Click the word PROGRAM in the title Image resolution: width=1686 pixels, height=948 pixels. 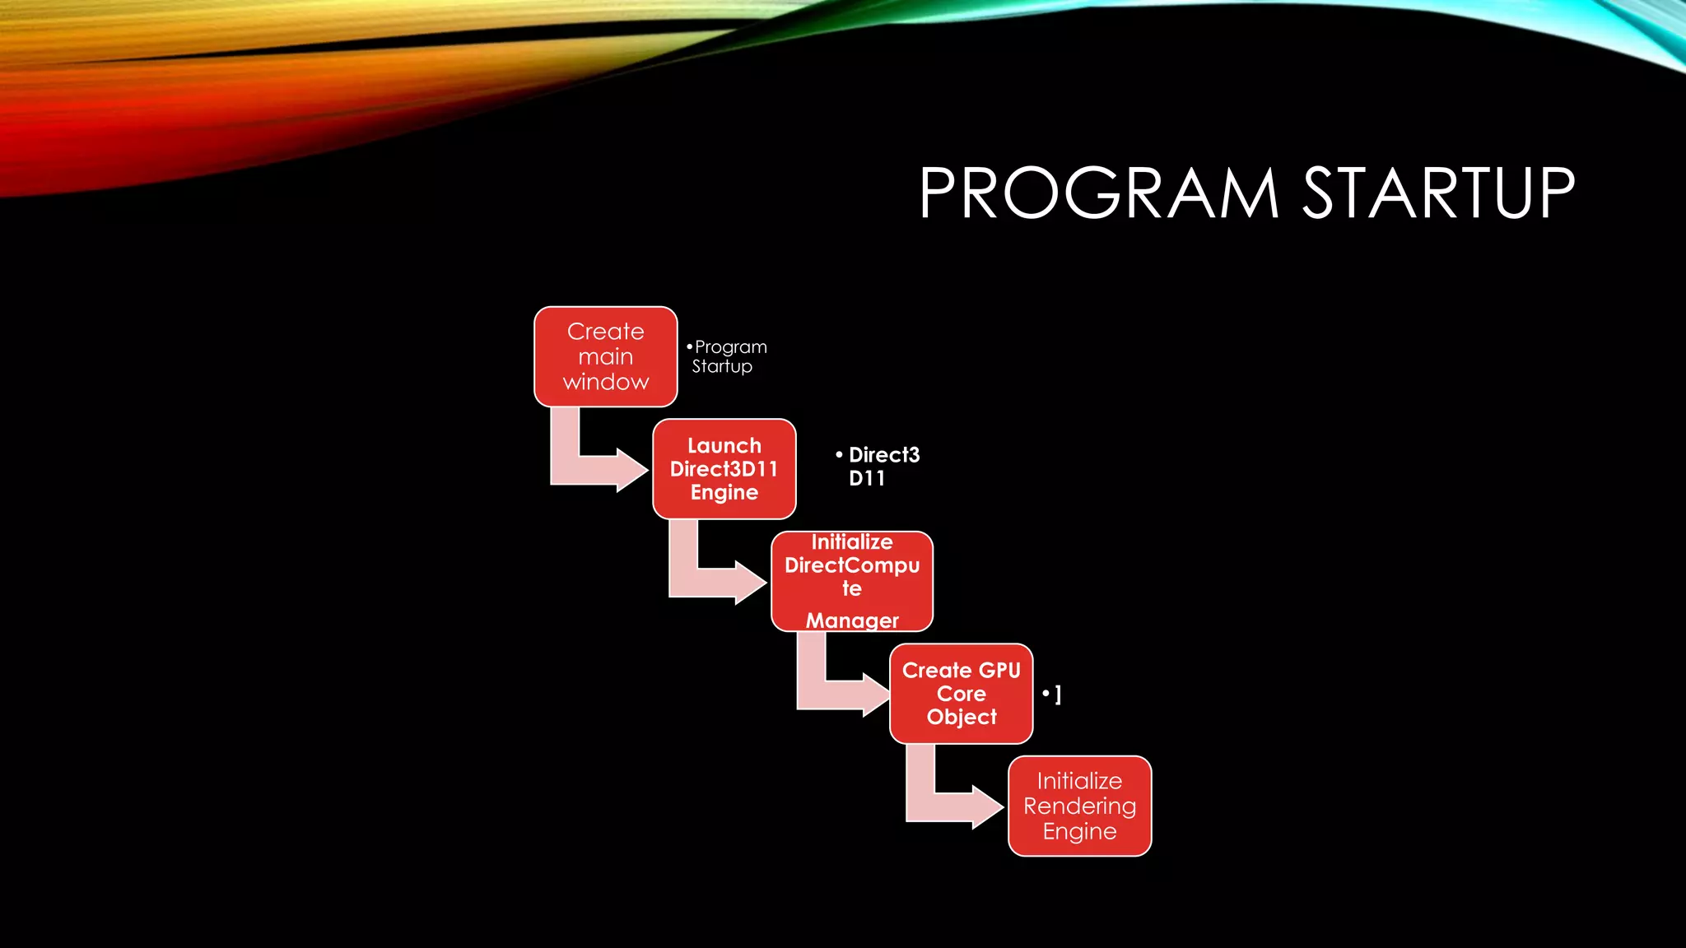1098,193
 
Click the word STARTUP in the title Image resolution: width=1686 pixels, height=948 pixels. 1437,193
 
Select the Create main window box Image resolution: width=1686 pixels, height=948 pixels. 605,356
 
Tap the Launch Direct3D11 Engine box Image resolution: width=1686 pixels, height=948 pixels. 724,469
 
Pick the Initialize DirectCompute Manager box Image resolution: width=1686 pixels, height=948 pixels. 851,581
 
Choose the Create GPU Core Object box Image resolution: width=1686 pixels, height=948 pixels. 961,694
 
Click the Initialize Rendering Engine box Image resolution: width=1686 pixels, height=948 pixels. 1079,806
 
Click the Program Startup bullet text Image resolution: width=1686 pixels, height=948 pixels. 726,356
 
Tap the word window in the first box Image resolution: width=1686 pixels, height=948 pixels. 606,382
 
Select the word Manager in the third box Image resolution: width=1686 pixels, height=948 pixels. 852,620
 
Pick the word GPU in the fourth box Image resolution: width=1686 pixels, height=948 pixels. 999,671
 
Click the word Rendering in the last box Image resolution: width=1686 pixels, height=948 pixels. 1079,806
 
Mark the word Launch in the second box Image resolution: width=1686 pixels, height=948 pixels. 724,446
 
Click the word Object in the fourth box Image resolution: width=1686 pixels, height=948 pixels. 962,717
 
